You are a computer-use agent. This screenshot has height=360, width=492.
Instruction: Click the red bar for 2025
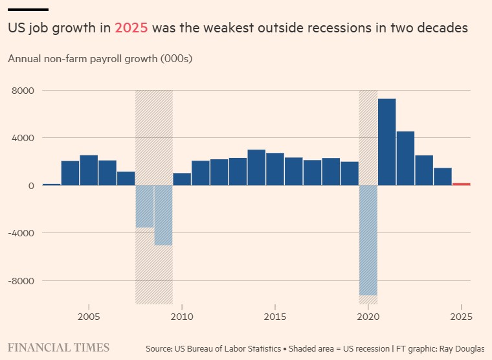click(x=462, y=184)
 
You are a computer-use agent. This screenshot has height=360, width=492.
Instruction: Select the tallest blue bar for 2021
click(x=387, y=142)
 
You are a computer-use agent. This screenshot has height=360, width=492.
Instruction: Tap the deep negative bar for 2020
click(x=368, y=240)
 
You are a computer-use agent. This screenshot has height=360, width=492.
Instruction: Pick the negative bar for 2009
click(x=163, y=215)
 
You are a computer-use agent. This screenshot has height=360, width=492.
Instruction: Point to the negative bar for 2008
click(x=144, y=207)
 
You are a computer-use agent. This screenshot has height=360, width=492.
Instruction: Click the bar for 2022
click(x=405, y=158)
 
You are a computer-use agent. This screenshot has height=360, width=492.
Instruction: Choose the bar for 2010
click(x=182, y=179)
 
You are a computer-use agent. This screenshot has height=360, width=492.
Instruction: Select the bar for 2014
click(x=256, y=167)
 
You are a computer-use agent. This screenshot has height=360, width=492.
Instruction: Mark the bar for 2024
click(x=443, y=176)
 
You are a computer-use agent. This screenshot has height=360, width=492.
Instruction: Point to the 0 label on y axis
click(x=30, y=186)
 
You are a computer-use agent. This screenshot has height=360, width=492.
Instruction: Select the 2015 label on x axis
click(x=275, y=317)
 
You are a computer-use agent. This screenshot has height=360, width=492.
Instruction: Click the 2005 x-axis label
click(x=89, y=317)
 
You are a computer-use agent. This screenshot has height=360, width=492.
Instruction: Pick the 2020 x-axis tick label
click(x=368, y=317)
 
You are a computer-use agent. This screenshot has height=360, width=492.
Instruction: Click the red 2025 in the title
click(x=131, y=28)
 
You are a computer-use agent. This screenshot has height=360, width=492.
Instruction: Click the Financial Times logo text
click(x=58, y=348)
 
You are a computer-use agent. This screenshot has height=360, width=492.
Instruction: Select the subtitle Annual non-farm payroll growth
click(x=100, y=59)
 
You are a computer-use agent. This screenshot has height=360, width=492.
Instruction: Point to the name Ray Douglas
click(x=462, y=348)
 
